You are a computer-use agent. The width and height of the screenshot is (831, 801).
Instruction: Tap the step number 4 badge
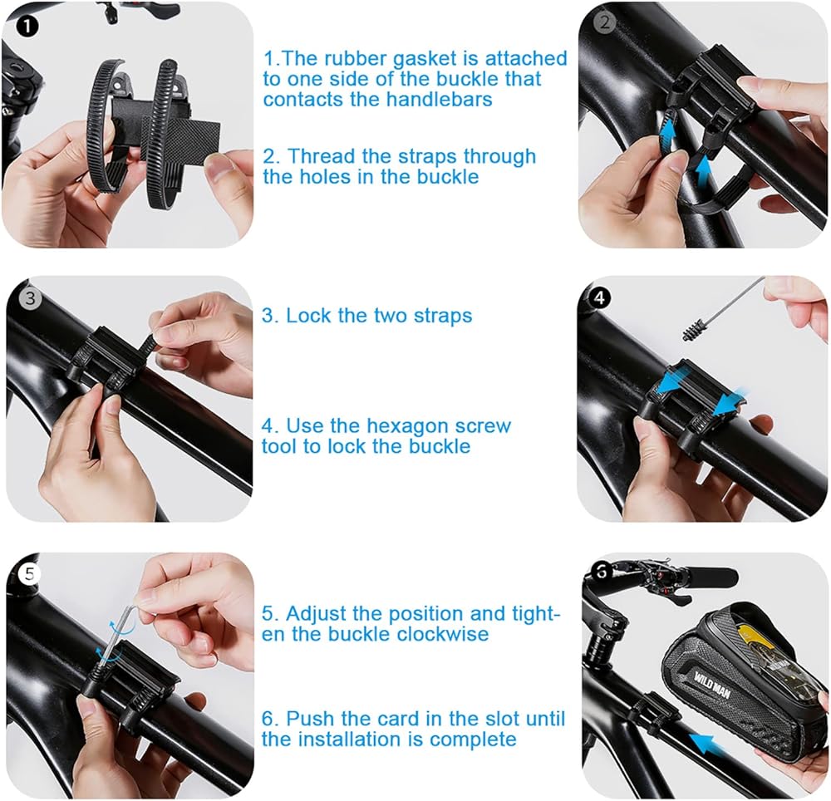pyautogui.click(x=599, y=297)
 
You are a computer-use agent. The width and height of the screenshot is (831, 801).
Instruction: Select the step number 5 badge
pyautogui.click(x=29, y=573)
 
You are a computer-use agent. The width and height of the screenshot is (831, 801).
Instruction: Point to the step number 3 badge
pyautogui.click(x=30, y=297)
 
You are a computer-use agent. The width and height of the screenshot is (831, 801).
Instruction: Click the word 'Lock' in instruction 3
pyautogui.click(x=308, y=316)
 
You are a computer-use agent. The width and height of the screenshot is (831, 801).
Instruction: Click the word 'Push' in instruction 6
pyautogui.click(x=311, y=719)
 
